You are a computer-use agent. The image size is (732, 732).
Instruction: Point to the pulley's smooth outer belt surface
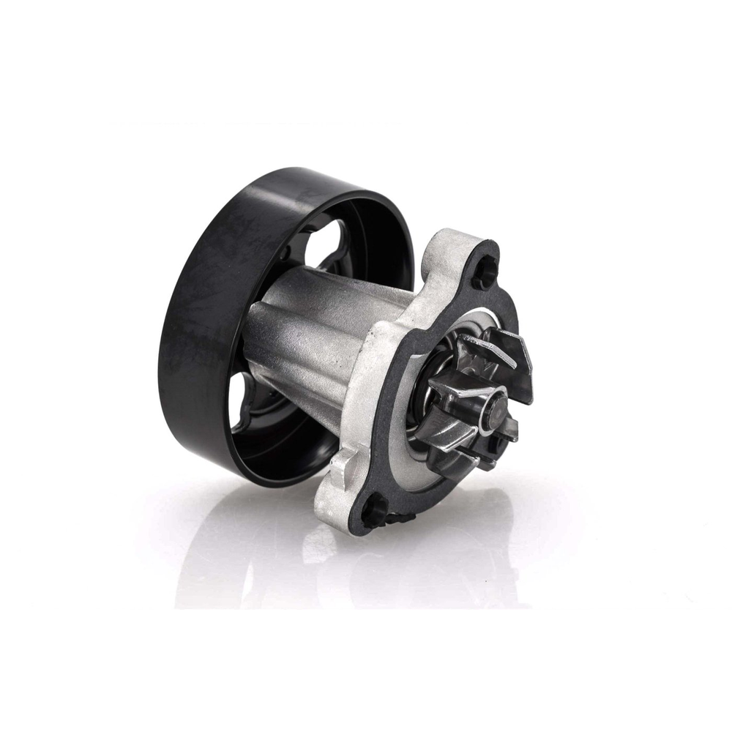point(190,307)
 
